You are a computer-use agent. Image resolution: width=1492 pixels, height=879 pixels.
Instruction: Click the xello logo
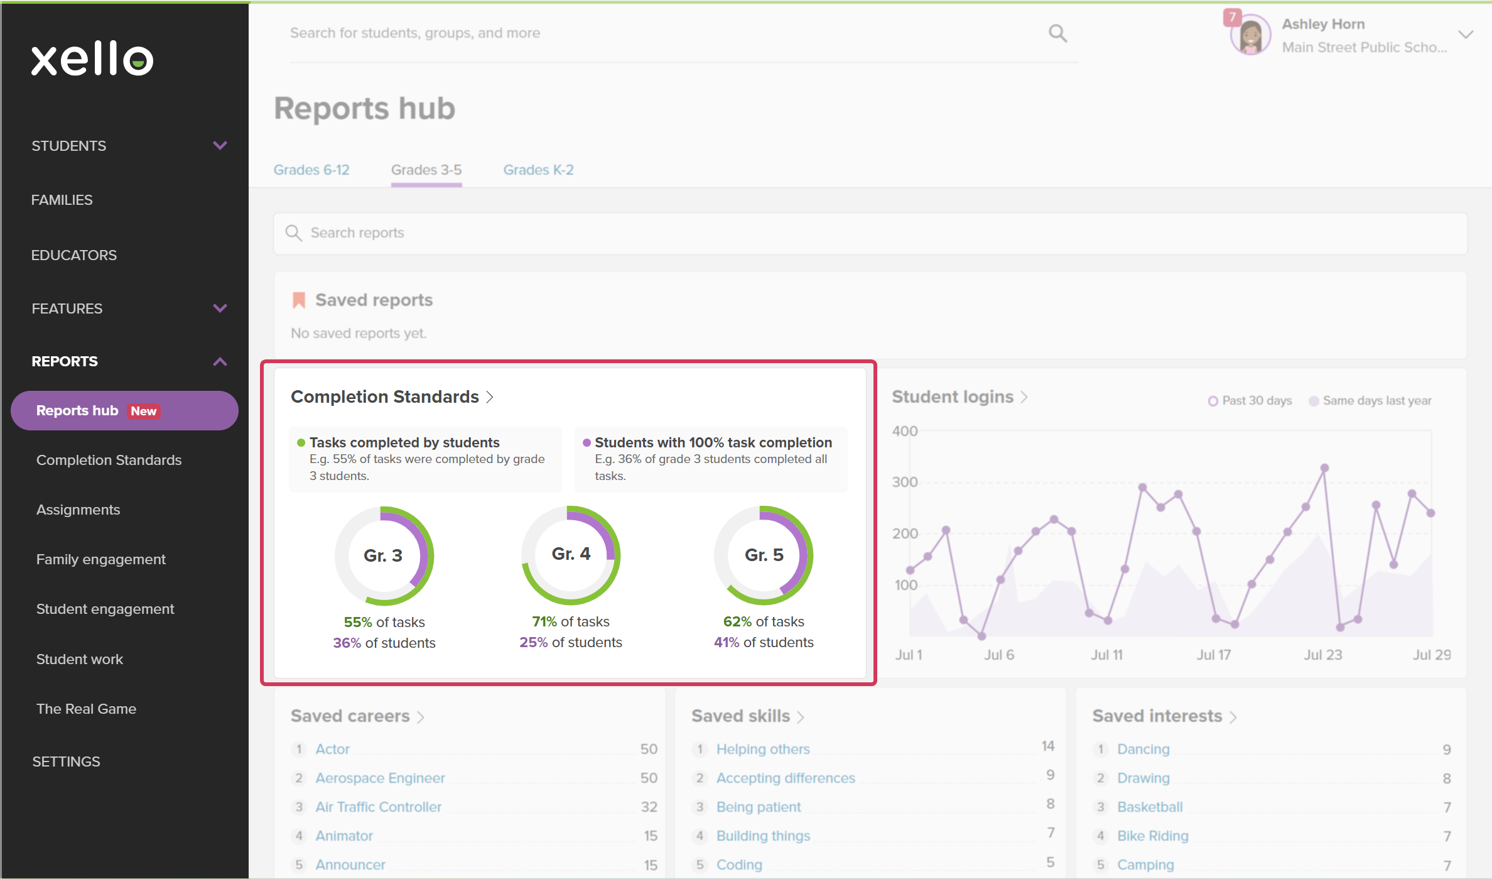92,59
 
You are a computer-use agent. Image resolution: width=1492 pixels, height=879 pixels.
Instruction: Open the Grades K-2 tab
538,170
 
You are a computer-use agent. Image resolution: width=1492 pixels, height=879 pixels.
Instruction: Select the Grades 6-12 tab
311,170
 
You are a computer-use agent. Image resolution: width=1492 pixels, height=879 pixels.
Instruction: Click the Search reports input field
870,233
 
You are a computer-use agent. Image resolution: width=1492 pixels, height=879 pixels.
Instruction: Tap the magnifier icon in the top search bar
1057,33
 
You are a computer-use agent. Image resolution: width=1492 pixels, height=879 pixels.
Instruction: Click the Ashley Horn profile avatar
1250,35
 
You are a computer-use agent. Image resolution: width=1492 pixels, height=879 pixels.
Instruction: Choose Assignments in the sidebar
78,510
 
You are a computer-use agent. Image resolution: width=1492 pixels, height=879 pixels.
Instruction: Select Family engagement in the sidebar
101,559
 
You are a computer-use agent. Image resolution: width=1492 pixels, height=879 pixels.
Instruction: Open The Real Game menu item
86,709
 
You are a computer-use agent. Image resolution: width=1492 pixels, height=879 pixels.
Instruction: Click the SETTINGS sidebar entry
66,762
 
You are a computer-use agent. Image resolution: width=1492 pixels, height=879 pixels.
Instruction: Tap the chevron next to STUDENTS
220,146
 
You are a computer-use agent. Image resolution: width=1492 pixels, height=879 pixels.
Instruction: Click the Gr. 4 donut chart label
571,554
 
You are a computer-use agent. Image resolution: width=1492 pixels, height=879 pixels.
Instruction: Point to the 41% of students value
764,642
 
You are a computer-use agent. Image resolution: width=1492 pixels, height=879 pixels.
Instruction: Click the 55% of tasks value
384,622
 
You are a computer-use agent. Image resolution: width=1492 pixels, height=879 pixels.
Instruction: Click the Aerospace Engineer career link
380,778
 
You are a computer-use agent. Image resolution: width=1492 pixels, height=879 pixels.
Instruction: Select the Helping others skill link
763,749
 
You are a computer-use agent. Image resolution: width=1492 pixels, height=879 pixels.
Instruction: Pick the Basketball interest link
1150,807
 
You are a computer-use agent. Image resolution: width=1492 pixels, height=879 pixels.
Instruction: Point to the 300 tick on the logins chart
905,482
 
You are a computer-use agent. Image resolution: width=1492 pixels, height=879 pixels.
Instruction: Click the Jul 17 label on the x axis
1213,655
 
